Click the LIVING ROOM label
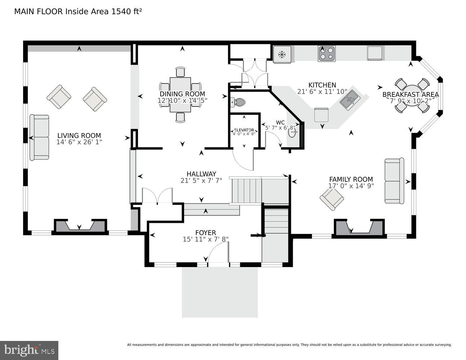coord(79,136)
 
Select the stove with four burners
coord(326,54)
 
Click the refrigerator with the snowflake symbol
coord(282,55)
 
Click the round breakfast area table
coord(411,96)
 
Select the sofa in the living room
coord(39,137)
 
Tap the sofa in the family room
coord(394,181)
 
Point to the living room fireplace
coord(80,226)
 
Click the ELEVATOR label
coord(244,130)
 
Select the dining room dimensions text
coord(182,100)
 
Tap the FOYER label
coord(206,233)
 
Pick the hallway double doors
coord(157,196)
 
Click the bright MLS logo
coord(29,350)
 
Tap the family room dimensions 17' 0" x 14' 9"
coord(351,186)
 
